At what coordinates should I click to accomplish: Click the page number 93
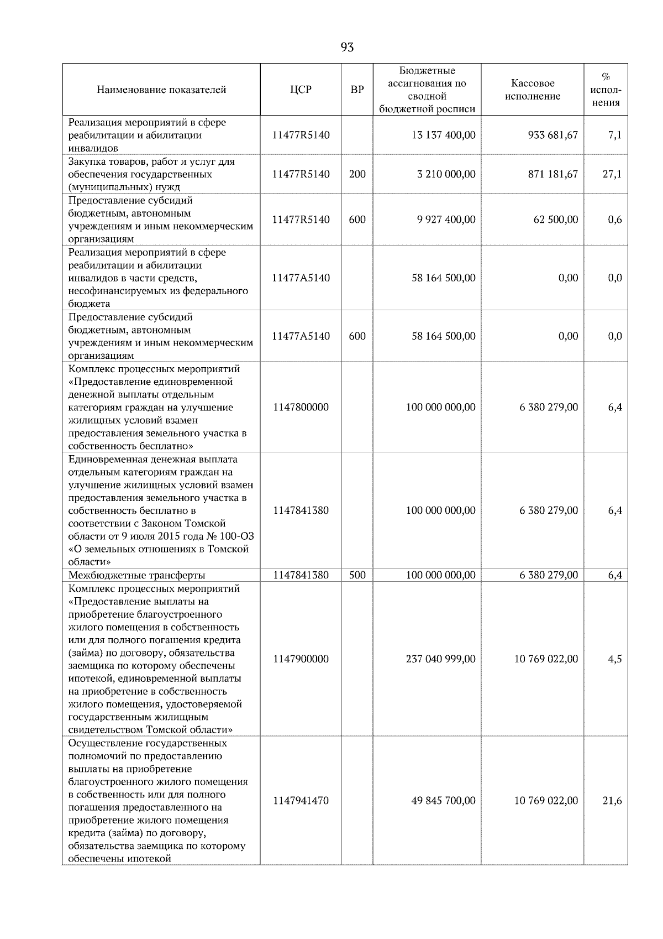(347, 48)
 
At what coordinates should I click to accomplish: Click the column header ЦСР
(301, 90)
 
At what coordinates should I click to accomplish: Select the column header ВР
(357, 90)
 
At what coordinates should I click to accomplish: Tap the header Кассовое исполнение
(532, 90)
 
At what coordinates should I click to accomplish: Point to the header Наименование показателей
(161, 90)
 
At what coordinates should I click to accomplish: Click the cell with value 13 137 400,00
(443, 135)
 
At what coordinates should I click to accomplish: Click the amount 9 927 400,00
(446, 220)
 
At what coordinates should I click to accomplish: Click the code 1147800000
(301, 408)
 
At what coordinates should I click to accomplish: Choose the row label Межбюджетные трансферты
(137, 575)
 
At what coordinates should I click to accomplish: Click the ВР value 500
(357, 575)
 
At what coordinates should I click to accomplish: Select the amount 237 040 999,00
(440, 659)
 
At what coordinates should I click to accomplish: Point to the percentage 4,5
(614, 659)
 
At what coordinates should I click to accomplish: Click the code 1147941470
(301, 801)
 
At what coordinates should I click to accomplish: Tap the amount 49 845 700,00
(443, 801)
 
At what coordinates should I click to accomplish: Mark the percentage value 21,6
(612, 801)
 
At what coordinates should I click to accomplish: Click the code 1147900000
(301, 659)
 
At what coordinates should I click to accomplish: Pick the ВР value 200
(357, 174)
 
